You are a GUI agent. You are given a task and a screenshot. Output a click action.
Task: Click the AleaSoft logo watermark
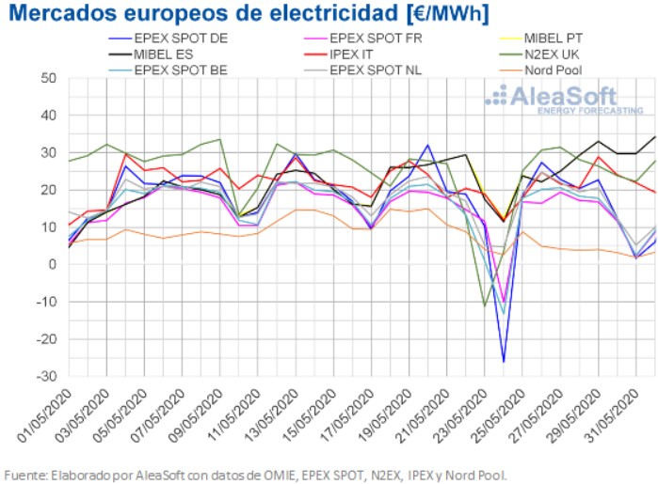tap(551, 99)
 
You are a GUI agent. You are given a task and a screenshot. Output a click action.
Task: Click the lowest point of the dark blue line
tap(504, 362)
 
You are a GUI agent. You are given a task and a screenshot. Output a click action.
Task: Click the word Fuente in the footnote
tap(25, 473)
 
